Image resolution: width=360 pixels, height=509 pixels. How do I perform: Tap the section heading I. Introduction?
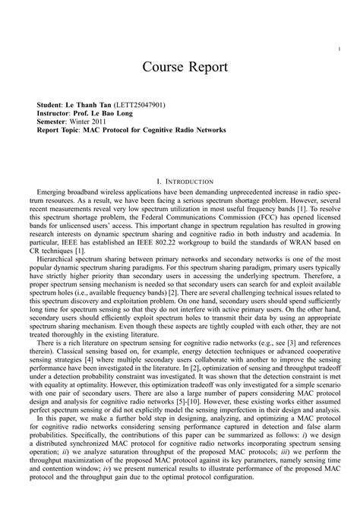pos(180,182)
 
